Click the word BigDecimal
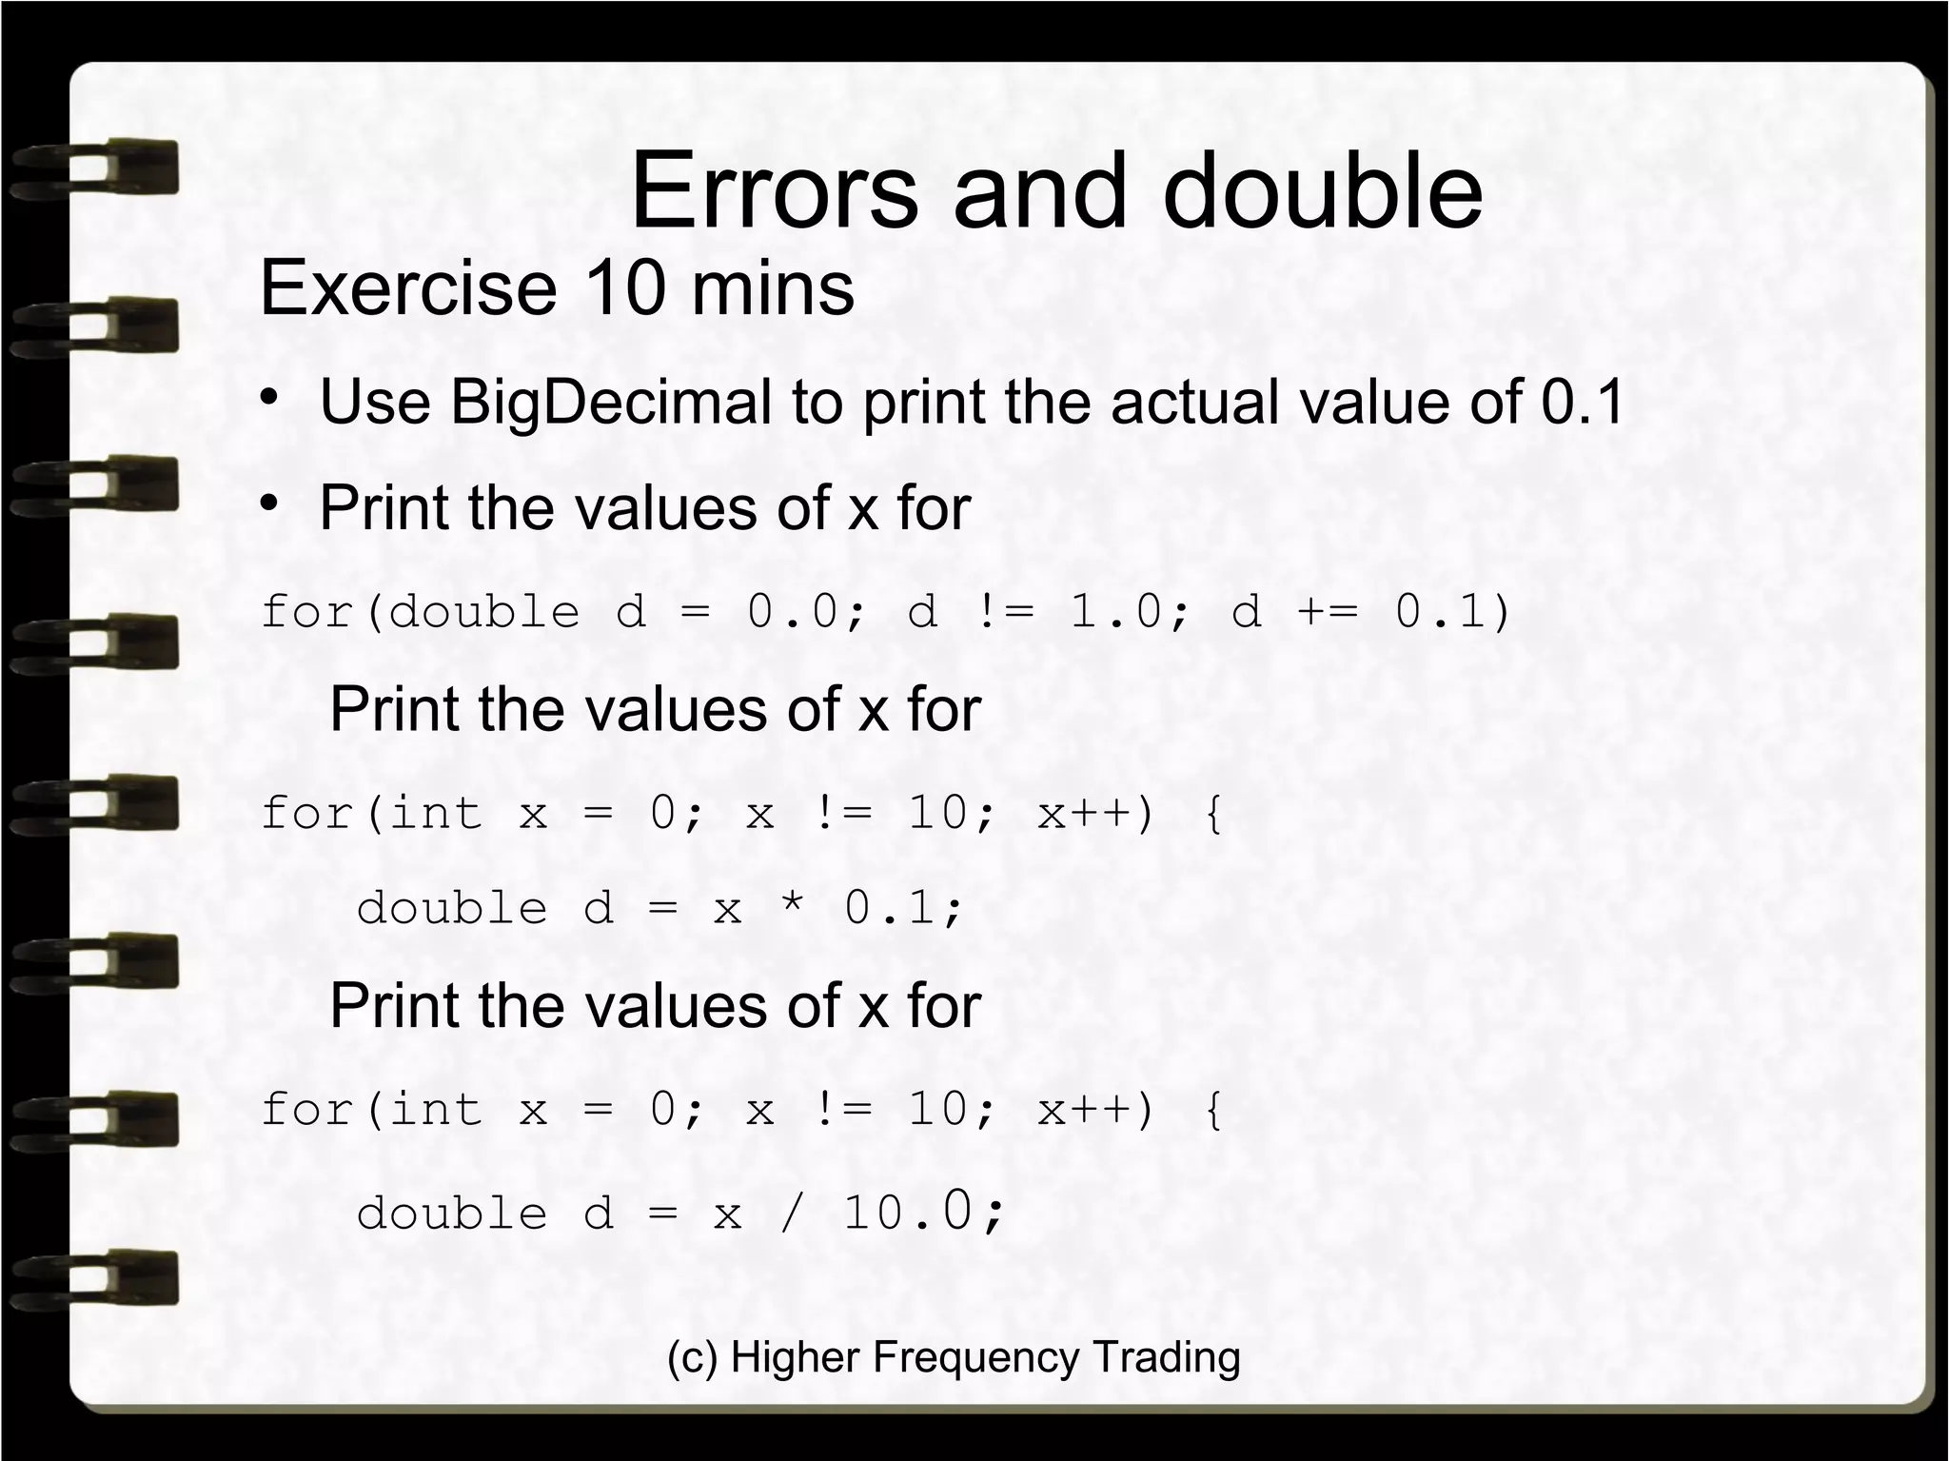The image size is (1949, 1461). coord(610,402)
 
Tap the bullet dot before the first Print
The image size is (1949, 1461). coord(270,502)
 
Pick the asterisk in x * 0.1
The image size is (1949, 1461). coord(791,908)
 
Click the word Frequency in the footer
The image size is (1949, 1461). coord(975,1357)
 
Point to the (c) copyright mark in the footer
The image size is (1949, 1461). coord(692,1357)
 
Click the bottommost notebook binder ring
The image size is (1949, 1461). coord(95,1276)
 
